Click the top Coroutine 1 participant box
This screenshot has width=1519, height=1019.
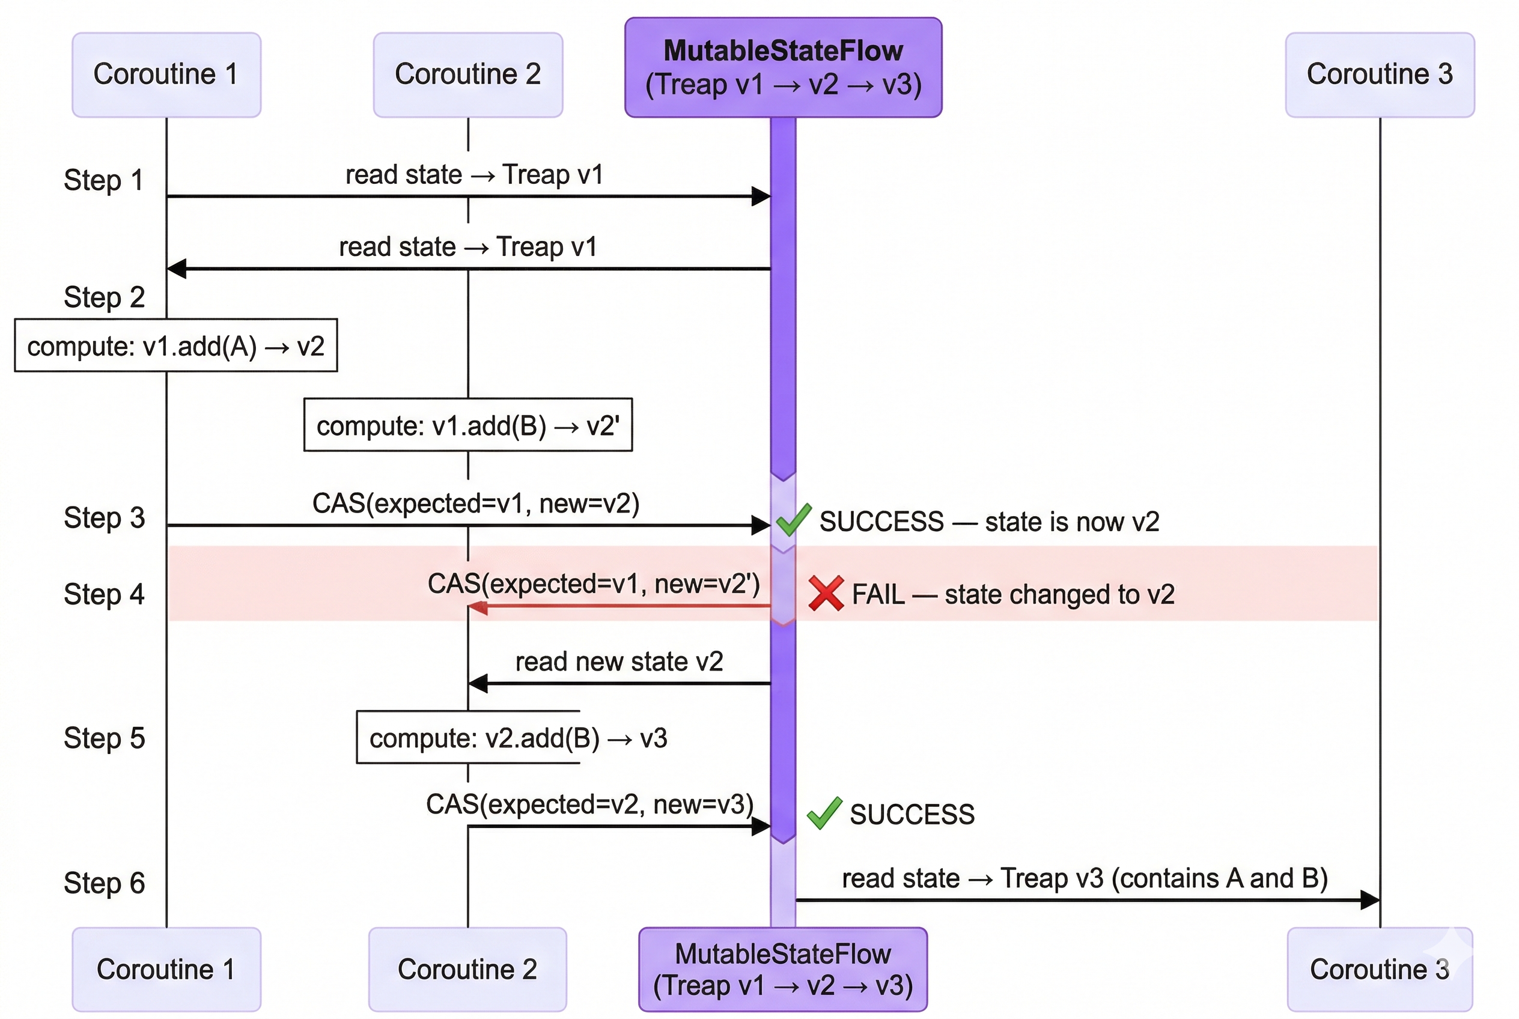(166, 75)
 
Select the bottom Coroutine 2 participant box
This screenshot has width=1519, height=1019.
(467, 969)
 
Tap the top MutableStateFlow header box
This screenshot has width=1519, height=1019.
(782, 67)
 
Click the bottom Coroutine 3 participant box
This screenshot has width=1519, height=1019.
(1379, 969)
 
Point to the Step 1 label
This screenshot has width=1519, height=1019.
(103, 180)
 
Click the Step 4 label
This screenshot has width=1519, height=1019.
(104, 594)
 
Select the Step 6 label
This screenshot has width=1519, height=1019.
(104, 883)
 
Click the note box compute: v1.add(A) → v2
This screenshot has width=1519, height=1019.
(175, 345)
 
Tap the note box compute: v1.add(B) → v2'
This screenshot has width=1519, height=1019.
(467, 425)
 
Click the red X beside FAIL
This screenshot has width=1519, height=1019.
(826, 594)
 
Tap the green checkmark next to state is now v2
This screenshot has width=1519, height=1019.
(793, 520)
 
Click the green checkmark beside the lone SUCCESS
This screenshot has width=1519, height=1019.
(824, 813)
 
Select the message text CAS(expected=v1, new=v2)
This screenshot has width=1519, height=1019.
(476, 503)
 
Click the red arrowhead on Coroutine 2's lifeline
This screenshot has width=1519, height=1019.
(478, 607)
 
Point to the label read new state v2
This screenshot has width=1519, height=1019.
(619, 662)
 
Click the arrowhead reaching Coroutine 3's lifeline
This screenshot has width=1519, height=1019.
(1369, 900)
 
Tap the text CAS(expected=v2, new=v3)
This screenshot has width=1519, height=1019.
(589, 805)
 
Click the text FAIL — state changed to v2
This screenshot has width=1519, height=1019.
(1012, 594)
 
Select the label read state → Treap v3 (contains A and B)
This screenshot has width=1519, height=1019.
(1084, 878)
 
